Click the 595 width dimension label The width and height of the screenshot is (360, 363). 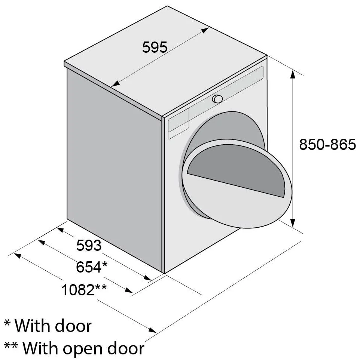click(155, 47)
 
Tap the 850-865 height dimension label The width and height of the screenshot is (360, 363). click(327, 144)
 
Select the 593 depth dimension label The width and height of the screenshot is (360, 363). click(89, 245)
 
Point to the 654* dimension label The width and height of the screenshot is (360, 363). click(92, 267)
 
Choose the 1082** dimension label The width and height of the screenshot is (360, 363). click(84, 289)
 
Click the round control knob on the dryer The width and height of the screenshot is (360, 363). click(217, 99)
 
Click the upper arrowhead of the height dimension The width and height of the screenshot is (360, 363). click(293, 74)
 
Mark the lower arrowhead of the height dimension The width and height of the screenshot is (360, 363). click(293, 222)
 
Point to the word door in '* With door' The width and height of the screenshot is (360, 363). click(73, 326)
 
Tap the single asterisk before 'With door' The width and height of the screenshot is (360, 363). click(7, 323)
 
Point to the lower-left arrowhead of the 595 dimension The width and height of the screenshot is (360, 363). click(115, 84)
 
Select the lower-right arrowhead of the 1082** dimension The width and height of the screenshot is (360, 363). click(152, 330)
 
